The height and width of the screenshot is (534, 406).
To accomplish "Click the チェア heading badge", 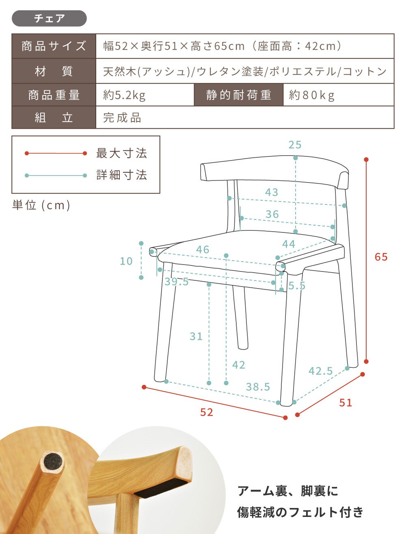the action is coord(49,18).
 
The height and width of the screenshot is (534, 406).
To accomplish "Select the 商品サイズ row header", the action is coord(54,46).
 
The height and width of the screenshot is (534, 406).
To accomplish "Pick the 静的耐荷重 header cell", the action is coord(239,95).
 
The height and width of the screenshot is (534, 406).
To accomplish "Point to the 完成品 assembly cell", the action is coord(122,117).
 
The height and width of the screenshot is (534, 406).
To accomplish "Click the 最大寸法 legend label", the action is coord(121,153).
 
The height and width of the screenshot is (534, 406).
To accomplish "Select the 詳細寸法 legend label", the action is coord(121,175).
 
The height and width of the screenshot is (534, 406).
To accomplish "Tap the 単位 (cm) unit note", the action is coord(41,205).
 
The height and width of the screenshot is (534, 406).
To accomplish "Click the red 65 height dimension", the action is coord(381,257).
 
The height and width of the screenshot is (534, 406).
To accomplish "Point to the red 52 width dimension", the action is coord(207,412).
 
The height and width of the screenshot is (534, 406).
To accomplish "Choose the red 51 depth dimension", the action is coord(346,403).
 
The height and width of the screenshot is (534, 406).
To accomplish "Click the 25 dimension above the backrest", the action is coord(295,145).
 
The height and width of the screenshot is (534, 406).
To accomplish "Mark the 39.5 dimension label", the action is coord(177,282).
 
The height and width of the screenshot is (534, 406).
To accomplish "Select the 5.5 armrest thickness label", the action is coord(297,286).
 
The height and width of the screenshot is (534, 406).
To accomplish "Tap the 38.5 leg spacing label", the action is coord(258,387).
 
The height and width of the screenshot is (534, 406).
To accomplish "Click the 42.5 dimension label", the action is coord(320,371).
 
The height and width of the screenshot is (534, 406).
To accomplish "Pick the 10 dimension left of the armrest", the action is coord(126,261).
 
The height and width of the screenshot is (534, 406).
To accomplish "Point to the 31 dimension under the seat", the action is coord(196,336).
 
